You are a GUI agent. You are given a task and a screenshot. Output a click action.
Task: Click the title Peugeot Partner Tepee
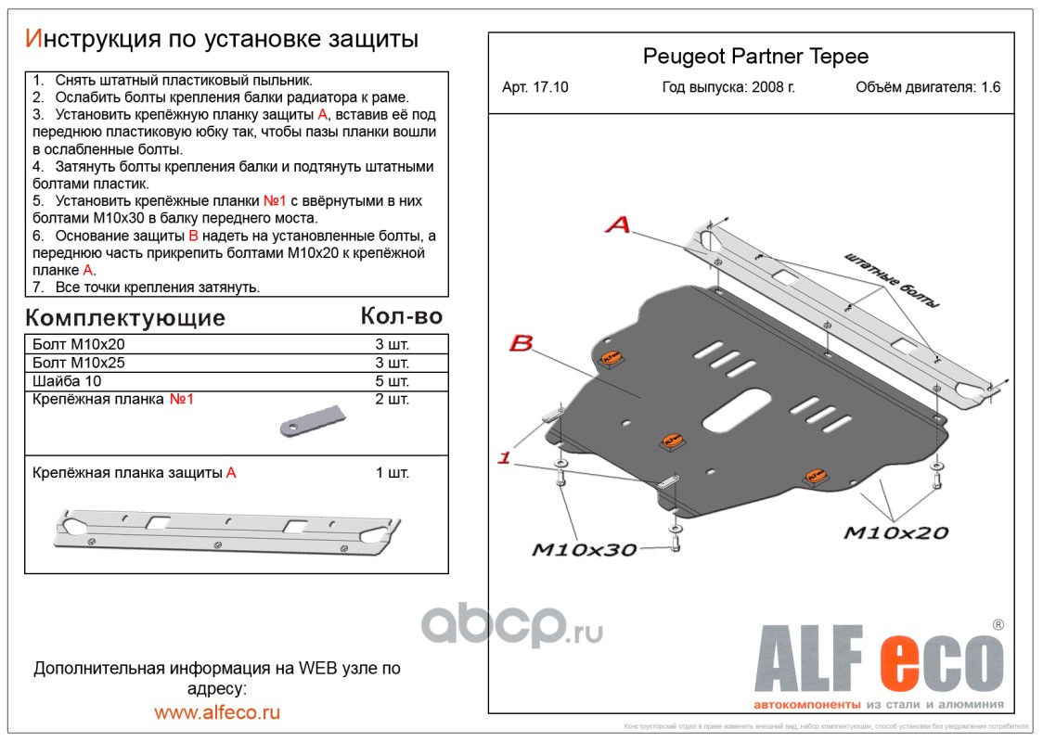click(x=755, y=57)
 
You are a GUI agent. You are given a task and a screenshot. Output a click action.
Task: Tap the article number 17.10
click(x=549, y=88)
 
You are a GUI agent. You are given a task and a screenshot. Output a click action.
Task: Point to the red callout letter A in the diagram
click(x=619, y=224)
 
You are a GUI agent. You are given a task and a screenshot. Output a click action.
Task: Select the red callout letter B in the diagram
click(x=521, y=344)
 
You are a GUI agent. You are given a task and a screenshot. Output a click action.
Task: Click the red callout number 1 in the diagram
click(x=505, y=457)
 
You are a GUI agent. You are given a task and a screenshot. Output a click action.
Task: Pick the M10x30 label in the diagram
click(x=584, y=550)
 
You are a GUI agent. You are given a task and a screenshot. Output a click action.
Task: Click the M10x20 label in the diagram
click(x=895, y=532)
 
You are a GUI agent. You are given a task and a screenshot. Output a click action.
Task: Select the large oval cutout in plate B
click(x=737, y=410)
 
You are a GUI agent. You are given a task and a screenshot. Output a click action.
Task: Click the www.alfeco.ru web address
click(x=217, y=712)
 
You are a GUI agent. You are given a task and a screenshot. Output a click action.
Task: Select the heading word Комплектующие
click(x=125, y=318)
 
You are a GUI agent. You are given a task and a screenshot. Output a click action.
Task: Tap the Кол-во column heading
click(x=401, y=316)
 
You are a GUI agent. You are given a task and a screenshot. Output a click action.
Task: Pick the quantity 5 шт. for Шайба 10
click(x=392, y=381)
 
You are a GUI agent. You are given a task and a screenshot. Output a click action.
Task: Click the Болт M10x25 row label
click(x=78, y=363)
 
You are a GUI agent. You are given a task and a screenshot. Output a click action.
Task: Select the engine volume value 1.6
click(x=990, y=88)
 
